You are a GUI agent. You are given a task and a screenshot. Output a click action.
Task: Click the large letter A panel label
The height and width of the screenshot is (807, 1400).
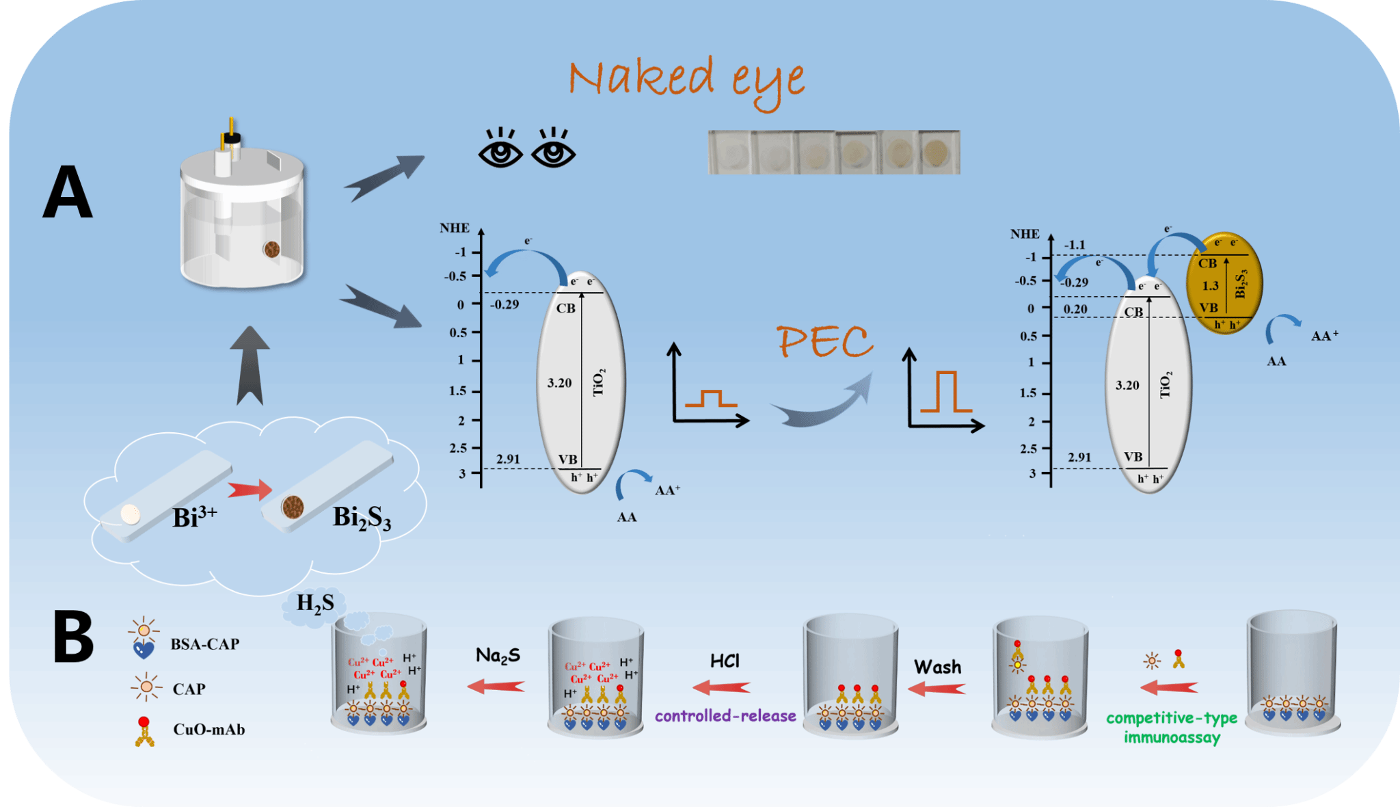(x=68, y=192)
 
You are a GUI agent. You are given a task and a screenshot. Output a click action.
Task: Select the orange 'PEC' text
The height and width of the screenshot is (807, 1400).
(x=825, y=341)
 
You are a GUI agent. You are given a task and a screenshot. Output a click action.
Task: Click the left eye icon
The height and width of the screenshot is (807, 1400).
(x=500, y=148)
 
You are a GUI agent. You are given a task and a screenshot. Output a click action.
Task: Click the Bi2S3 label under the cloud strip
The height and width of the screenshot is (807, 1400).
(x=362, y=518)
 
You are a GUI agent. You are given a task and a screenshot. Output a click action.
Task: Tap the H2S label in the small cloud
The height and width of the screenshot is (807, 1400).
(x=315, y=604)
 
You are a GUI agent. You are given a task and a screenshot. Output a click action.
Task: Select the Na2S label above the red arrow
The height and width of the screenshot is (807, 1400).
(x=498, y=656)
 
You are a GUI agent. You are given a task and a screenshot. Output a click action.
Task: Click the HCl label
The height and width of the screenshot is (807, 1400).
(x=725, y=661)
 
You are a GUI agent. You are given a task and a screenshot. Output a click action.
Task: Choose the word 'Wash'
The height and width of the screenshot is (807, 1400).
(x=937, y=667)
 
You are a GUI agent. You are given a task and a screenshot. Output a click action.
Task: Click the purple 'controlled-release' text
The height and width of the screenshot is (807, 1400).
(x=725, y=716)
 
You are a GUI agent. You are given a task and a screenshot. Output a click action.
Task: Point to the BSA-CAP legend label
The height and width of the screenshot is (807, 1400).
(x=204, y=644)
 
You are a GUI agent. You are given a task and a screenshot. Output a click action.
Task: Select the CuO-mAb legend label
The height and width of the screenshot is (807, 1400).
(x=208, y=730)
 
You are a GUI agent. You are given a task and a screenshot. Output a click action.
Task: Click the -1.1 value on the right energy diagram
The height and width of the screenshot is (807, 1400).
(x=1075, y=245)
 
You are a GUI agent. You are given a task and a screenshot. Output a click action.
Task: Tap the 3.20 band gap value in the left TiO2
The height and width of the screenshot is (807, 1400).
(x=559, y=383)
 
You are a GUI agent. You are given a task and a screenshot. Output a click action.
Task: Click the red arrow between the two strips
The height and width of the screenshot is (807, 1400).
(x=250, y=490)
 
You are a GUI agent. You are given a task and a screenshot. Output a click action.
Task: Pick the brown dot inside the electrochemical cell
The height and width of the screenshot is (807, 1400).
(x=271, y=249)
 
